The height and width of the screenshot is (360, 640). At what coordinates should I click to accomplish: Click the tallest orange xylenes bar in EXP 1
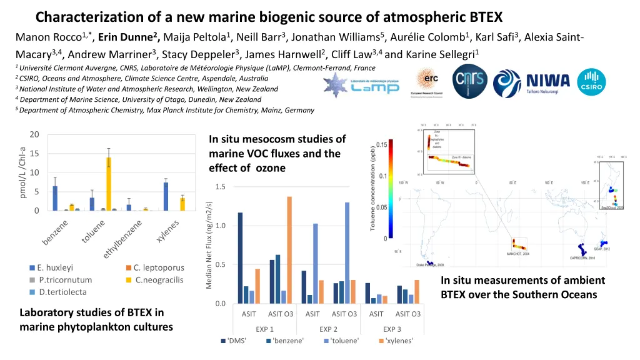click(x=289, y=250)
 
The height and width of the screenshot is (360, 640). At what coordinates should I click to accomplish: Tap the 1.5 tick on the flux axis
click(x=220, y=187)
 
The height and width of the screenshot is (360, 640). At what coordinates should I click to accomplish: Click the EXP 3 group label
click(x=392, y=329)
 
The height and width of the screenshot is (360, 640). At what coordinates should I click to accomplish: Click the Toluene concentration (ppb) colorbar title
click(x=373, y=188)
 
